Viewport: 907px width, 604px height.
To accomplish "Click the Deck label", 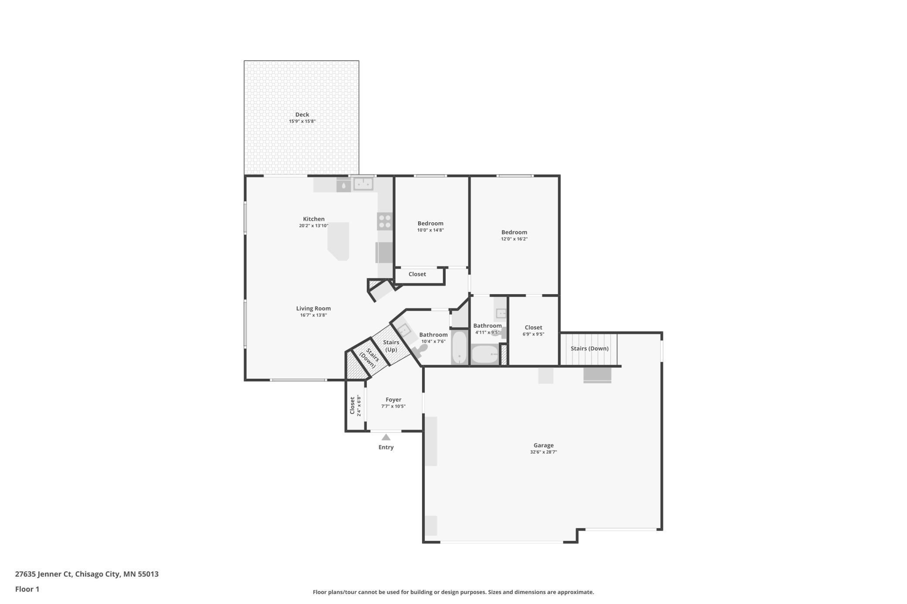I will click(x=302, y=115).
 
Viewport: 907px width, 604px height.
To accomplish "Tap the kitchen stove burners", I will click(x=385, y=221).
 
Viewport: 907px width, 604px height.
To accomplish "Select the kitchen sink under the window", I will click(x=363, y=184).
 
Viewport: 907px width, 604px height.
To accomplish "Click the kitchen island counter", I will click(x=339, y=241).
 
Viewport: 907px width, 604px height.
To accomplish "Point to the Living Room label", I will click(x=313, y=309).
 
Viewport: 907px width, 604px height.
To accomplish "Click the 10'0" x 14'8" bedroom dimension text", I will click(x=430, y=230).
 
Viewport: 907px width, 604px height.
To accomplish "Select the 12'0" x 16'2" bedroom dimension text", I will click(x=514, y=239).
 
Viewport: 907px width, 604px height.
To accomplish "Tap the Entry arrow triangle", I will click(x=386, y=437).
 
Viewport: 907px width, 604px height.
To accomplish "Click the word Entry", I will click(x=386, y=447).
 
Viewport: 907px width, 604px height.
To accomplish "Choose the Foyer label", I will click(x=393, y=400).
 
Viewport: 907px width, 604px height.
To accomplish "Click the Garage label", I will click(x=543, y=445).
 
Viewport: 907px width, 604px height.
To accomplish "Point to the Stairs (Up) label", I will click(x=391, y=346).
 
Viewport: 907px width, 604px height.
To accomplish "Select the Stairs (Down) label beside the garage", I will click(x=589, y=348).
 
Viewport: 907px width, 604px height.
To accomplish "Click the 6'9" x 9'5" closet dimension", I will click(x=533, y=334).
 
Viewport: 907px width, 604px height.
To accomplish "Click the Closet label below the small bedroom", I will click(x=417, y=274).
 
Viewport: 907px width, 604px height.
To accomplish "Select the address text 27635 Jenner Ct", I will click(x=43, y=574).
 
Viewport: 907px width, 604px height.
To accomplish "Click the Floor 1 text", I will click(x=27, y=589).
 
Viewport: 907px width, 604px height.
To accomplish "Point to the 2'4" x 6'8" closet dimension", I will click(x=359, y=405).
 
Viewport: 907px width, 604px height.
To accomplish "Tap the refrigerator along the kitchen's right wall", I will click(x=384, y=252).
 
